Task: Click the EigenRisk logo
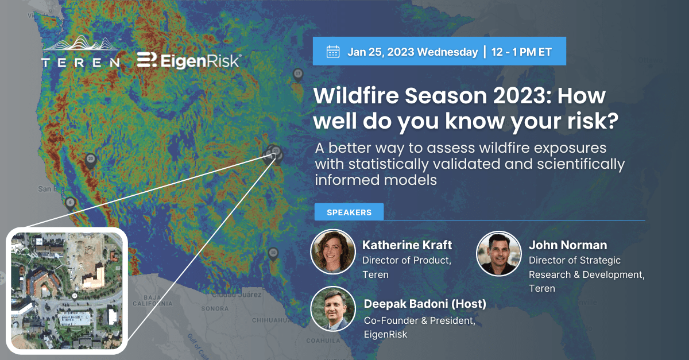pos(189,60)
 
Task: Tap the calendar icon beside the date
pos(333,52)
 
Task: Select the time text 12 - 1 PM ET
pos(521,52)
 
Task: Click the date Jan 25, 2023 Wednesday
pos(412,52)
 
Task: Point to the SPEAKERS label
pos(349,212)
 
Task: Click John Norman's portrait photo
pos(499,253)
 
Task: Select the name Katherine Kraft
pos(407,245)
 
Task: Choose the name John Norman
pos(567,245)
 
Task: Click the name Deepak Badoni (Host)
pos(425,304)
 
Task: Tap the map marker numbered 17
pos(297,74)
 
